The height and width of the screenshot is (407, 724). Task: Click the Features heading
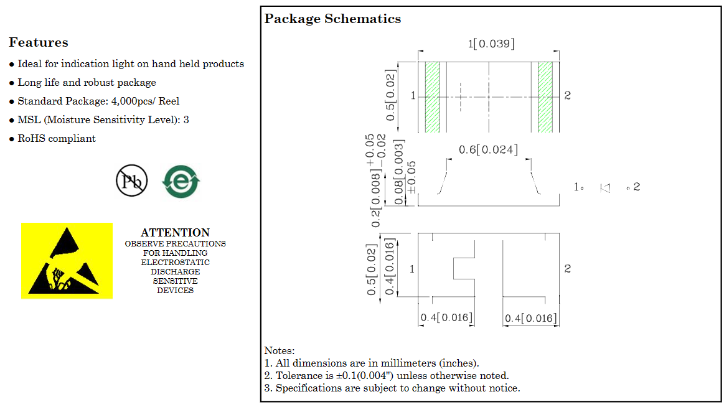(x=39, y=42)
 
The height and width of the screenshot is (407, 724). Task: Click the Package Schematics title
(x=332, y=19)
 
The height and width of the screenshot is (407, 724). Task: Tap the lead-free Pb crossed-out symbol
(x=131, y=180)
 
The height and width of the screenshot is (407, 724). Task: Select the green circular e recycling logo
(x=181, y=181)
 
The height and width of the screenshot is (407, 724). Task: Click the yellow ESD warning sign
(x=67, y=261)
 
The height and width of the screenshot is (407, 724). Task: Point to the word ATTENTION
(x=175, y=233)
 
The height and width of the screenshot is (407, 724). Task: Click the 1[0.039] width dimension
(x=491, y=44)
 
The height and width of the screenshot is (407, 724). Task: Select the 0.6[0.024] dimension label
(x=488, y=149)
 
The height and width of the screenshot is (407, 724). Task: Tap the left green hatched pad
(x=432, y=97)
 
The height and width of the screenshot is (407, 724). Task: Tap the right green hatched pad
(x=545, y=97)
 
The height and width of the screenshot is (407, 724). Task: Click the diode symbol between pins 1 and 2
(x=605, y=188)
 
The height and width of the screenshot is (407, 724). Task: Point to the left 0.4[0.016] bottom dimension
(x=446, y=317)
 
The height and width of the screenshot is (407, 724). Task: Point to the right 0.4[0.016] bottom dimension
(x=530, y=319)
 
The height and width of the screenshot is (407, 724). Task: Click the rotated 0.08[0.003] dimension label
(x=398, y=172)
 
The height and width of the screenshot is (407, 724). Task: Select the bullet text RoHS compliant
(x=56, y=138)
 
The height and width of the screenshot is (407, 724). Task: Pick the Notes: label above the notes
(x=280, y=351)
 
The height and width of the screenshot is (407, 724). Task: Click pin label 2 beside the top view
(x=568, y=95)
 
